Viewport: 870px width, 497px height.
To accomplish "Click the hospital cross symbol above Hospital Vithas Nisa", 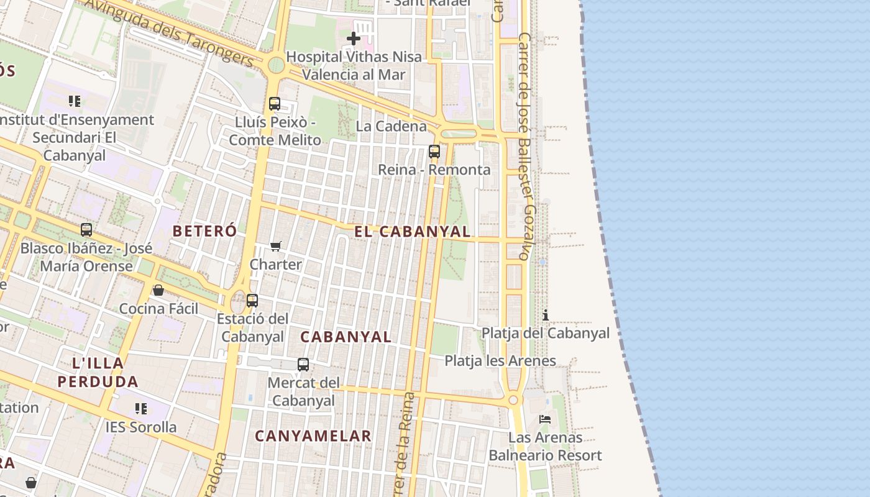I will click(x=354, y=39).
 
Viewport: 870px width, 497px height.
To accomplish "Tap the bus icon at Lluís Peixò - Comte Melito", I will click(x=275, y=104).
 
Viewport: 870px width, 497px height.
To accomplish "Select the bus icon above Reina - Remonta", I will click(x=434, y=151).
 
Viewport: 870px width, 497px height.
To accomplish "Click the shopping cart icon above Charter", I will click(x=277, y=246).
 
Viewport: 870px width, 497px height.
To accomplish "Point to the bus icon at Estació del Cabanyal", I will click(x=252, y=301).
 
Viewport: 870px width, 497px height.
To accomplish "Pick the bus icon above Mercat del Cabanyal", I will click(x=303, y=365).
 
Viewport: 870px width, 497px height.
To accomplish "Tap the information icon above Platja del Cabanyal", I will click(x=546, y=315).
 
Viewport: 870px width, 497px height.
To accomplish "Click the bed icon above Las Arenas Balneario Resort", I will click(x=545, y=419).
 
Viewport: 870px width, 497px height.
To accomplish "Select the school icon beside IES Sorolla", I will click(x=141, y=409).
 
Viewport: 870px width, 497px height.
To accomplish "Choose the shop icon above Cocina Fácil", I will click(x=158, y=290).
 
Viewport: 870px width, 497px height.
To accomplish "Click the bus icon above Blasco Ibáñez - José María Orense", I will click(x=86, y=230).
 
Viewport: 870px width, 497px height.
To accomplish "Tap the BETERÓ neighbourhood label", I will click(x=204, y=231).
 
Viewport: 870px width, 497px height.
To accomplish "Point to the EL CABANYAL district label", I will click(x=412, y=232).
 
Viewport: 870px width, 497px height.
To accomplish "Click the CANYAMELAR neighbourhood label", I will click(x=313, y=436).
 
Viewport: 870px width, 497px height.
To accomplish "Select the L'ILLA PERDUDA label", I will click(x=98, y=372).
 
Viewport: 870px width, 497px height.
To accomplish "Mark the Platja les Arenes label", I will click(x=500, y=361).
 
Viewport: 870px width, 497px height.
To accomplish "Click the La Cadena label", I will click(x=391, y=126).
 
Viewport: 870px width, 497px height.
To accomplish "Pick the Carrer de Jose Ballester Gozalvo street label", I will click(x=526, y=146).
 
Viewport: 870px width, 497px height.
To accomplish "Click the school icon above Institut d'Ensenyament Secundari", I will click(x=75, y=101).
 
